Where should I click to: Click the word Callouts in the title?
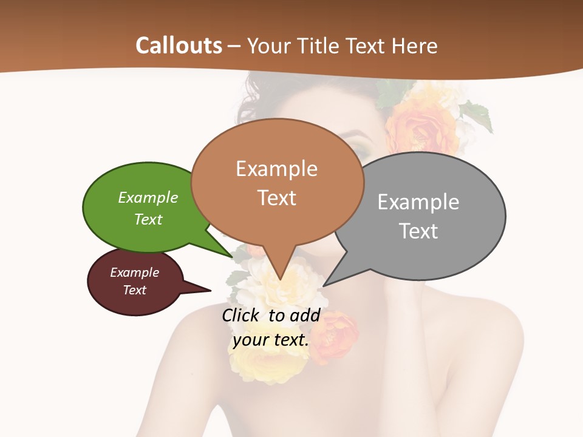pyautogui.click(x=179, y=46)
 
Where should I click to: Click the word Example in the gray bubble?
pyautogui.click(x=418, y=202)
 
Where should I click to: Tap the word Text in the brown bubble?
pyautogui.click(x=277, y=198)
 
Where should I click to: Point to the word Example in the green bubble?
pyautogui.click(x=148, y=198)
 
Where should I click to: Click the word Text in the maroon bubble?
pyautogui.click(x=135, y=290)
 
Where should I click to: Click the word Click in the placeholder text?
pyautogui.click(x=242, y=315)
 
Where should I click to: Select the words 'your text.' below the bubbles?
pyautogui.click(x=271, y=340)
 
